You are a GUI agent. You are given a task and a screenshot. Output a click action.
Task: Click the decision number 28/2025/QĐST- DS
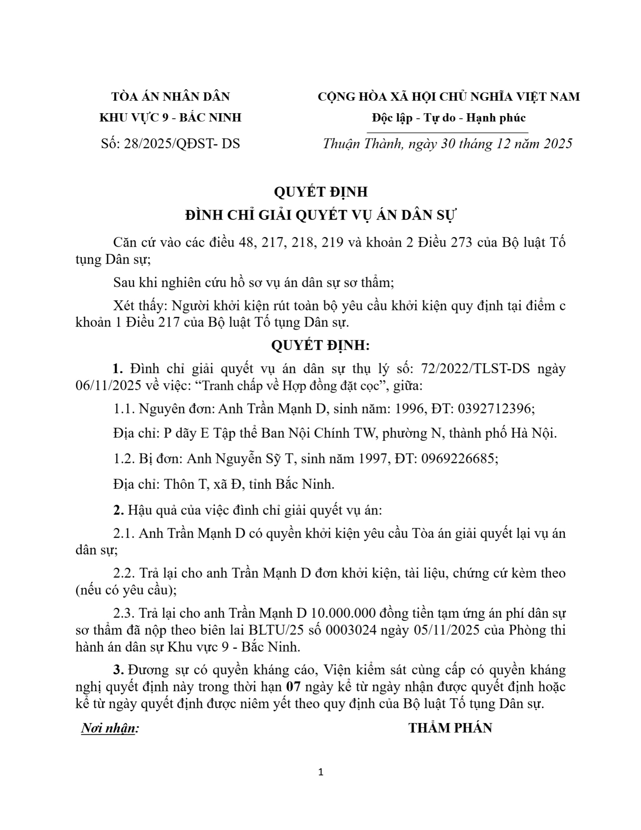click(x=181, y=143)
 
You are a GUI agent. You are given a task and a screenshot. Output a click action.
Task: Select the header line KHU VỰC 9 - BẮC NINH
click(x=170, y=118)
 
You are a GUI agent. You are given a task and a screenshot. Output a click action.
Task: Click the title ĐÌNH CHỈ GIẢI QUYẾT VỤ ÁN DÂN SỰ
click(x=320, y=216)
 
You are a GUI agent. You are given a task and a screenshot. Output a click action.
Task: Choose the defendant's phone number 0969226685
click(x=459, y=459)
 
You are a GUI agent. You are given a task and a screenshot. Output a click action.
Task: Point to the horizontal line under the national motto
click(x=447, y=133)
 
